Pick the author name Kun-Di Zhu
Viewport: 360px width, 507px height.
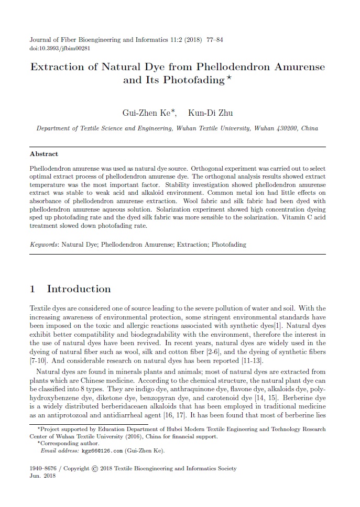tap(211, 113)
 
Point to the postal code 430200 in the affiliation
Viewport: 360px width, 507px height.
tap(286, 128)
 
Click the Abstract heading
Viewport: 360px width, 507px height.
tap(44, 154)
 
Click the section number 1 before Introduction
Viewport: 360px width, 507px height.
tap(33, 289)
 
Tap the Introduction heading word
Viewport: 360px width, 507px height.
tap(79, 289)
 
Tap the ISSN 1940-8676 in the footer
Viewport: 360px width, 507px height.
tap(43, 469)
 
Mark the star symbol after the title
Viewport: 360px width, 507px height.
tap(229, 78)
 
